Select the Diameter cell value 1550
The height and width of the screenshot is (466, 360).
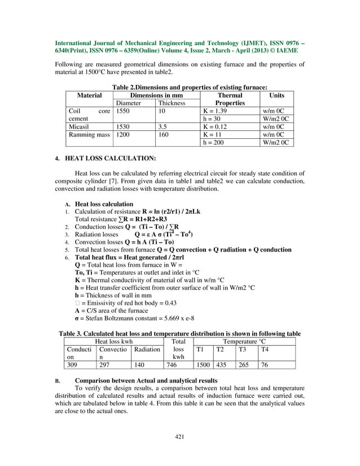click(122, 112)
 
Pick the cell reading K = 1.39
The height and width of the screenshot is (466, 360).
click(217, 112)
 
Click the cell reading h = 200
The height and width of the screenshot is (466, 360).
click(215, 143)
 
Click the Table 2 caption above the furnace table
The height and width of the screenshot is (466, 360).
click(190, 87)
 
